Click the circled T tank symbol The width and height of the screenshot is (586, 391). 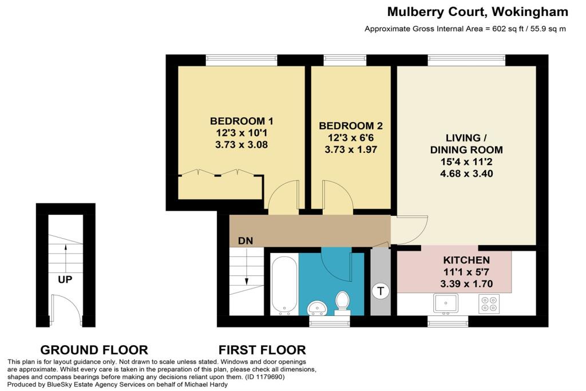(381, 290)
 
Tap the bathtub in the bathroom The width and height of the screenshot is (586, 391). (284, 284)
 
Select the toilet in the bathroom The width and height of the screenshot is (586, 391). (342, 302)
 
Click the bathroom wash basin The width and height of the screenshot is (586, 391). (317, 309)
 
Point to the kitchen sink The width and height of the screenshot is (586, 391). (445, 303)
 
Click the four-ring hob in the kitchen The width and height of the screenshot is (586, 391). (489, 303)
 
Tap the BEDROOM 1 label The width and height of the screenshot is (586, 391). (241, 121)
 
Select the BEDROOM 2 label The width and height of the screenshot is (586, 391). (351, 126)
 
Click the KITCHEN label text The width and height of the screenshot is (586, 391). (466, 260)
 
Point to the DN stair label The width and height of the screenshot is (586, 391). (246, 241)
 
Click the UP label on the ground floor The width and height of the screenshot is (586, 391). (65, 279)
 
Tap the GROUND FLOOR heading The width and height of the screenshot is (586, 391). (94, 350)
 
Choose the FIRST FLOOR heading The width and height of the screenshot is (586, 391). (262, 350)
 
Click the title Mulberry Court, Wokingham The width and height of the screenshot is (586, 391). (478, 11)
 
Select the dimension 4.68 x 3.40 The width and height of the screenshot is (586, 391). (466, 174)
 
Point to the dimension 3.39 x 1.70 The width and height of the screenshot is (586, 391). (466, 284)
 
